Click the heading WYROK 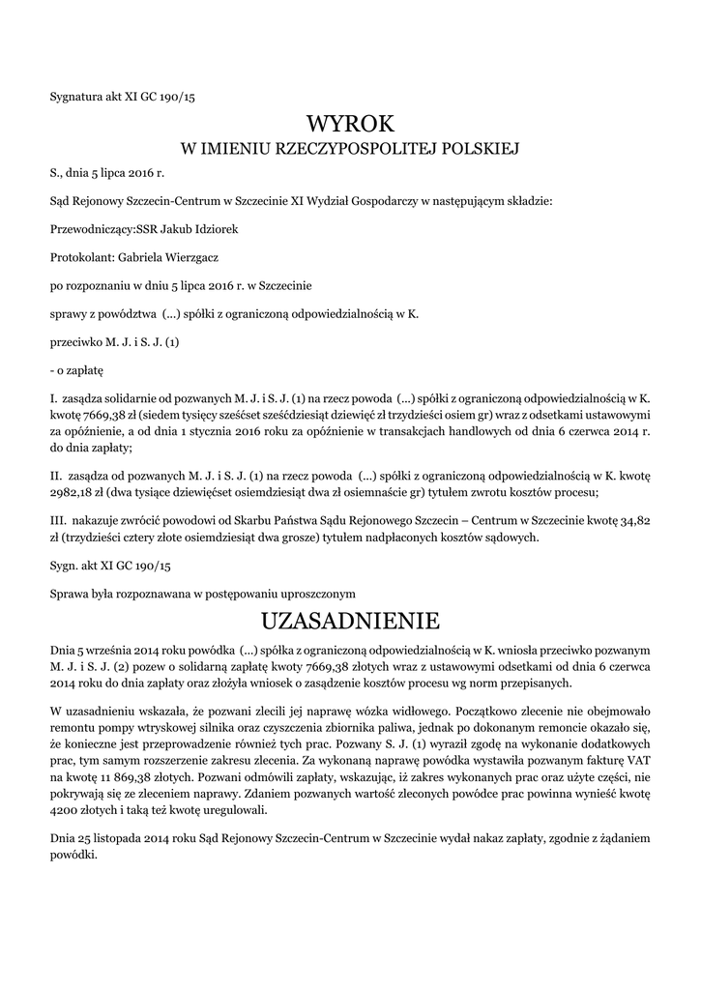tap(350, 124)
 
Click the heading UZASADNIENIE tap(350, 619)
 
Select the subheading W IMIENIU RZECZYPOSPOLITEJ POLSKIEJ tap(350, 149)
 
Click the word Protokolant tap(80, 258)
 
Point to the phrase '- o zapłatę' tap(76, 370)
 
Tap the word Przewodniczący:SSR tap(104, 229)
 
